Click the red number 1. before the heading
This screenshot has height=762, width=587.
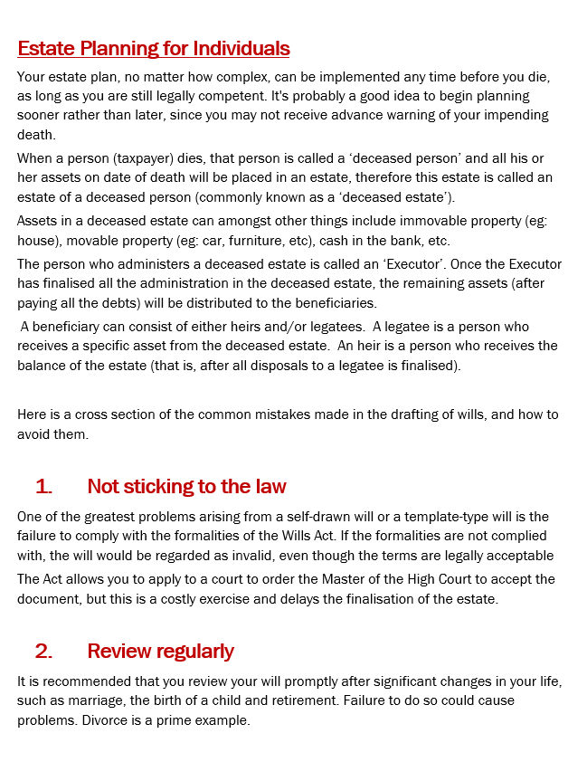coord(43,487)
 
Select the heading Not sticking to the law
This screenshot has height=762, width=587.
coord(186,487)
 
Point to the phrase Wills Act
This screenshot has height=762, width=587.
coord(317,536)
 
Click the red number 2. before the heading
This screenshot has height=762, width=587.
coord(43,651)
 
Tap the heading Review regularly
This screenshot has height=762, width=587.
coord(160,651)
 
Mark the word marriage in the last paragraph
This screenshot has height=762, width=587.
coord(84,701)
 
